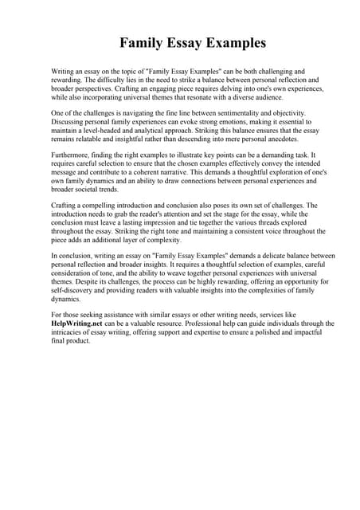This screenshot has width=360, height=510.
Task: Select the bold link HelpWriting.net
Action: pyautogui.click(x=79, y=324)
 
